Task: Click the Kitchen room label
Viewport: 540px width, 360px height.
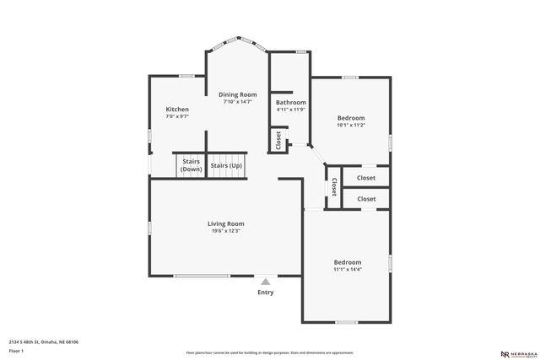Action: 177,110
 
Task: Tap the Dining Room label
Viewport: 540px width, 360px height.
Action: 238,94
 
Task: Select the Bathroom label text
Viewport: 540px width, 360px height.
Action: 290,102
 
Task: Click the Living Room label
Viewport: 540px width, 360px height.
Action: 226,223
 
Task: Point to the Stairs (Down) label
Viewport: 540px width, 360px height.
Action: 191,166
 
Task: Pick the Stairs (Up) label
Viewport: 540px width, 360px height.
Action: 226,165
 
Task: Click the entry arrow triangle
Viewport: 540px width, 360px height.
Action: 266,282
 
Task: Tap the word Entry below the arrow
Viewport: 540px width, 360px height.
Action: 266,293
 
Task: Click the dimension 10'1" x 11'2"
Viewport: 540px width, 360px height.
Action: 351,125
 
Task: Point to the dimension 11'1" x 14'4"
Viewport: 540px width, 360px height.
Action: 347,270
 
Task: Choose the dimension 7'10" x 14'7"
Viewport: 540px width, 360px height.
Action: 238,102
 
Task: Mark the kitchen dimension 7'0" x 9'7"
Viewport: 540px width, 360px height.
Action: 177,117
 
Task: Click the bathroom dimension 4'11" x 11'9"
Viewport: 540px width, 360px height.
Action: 290,110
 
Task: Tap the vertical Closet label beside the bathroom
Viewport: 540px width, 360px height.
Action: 278,140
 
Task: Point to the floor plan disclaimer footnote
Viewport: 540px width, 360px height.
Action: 270,352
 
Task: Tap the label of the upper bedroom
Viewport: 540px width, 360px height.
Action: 351,117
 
